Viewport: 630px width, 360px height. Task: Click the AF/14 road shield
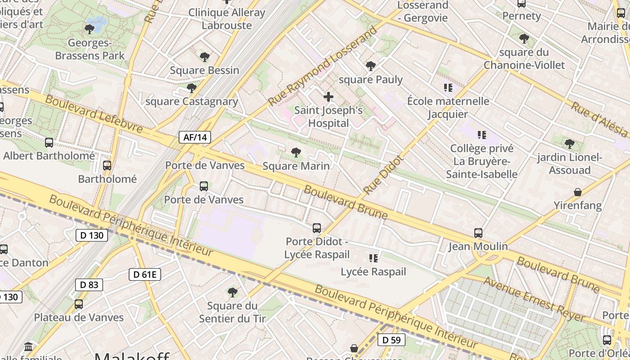tap(195, 137)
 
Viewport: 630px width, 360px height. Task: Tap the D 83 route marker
tap(89, 284)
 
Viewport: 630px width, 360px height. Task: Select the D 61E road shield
tap(144, 274)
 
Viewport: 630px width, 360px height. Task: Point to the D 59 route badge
tap(391, 340)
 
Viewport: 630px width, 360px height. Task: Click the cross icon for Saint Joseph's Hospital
tap(328, 96)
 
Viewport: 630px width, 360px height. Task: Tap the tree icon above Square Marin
tap(296, 153)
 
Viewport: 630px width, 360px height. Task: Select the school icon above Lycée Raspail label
tap(373, 258)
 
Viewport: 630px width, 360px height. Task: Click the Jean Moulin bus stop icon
tap(478, 233)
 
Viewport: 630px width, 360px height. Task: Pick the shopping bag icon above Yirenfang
tap(578, 192)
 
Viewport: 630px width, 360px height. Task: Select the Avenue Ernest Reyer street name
tap(534, 299)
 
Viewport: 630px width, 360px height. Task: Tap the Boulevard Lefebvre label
tap(94, 114)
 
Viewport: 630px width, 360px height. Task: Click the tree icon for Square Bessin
tap(205, 57)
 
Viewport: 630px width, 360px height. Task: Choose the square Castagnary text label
tap(192, 101)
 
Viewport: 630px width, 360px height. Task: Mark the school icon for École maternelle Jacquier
tap(448, 87)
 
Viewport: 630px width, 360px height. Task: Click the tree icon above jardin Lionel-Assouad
tap(569, 144)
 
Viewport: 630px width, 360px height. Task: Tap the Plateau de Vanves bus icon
tap(79, 304)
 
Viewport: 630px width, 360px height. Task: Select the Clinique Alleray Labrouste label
tap(226, 19)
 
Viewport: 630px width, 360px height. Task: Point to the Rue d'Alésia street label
tap(599, 119)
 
